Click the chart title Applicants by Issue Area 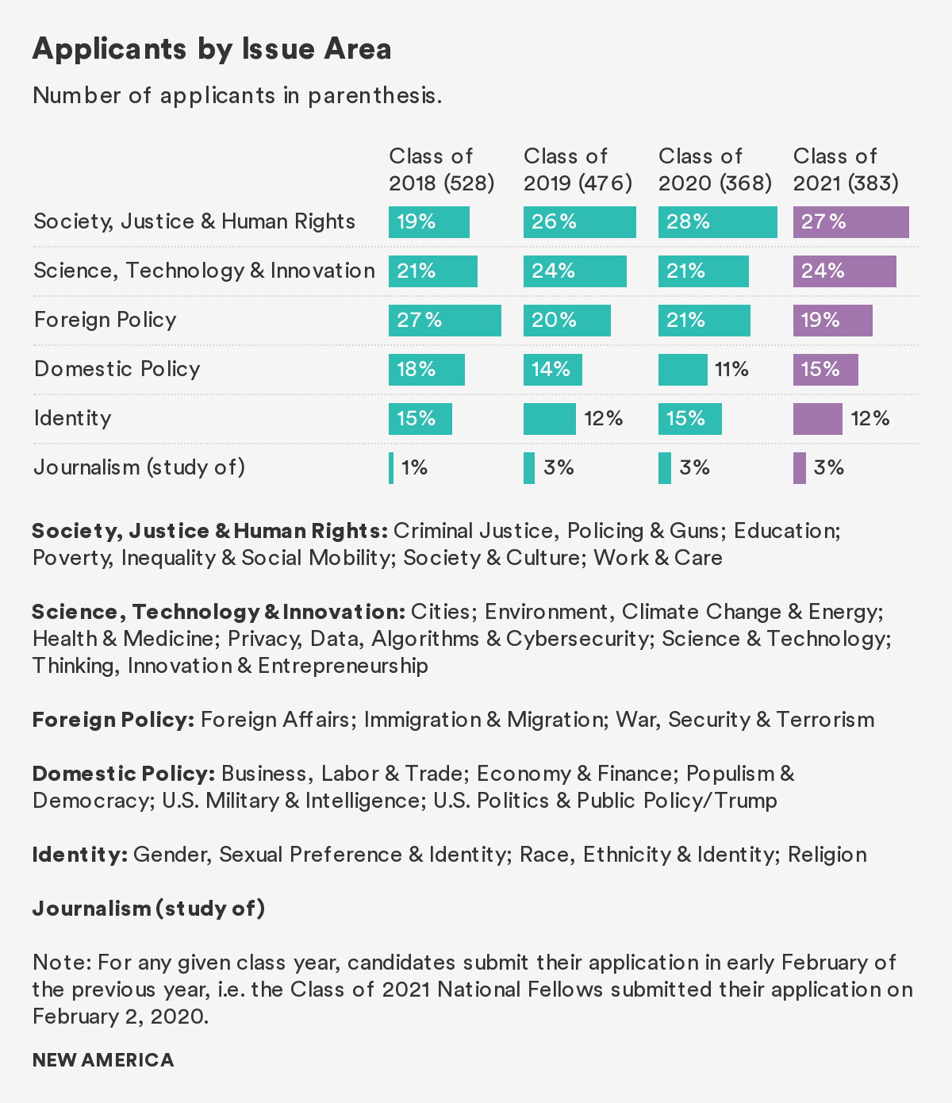(212, 49)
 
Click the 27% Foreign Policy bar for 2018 (444, 321)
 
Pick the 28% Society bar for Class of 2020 (717, 222)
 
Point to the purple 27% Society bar (850, 222)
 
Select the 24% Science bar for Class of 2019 (574, 271)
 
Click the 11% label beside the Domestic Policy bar (731, 370)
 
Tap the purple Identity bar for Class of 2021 (817, 419)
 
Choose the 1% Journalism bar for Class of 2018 (391, 468)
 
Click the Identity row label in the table (72, 418)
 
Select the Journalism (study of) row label (139, 467)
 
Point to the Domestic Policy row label (117, 369)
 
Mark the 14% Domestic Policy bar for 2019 (552, 370)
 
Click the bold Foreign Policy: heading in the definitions (113, 720)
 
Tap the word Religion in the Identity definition (827, 855)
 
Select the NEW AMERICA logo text (103, 1060)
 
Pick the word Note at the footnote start (61, 963)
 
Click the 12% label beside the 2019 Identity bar (603, 419)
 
